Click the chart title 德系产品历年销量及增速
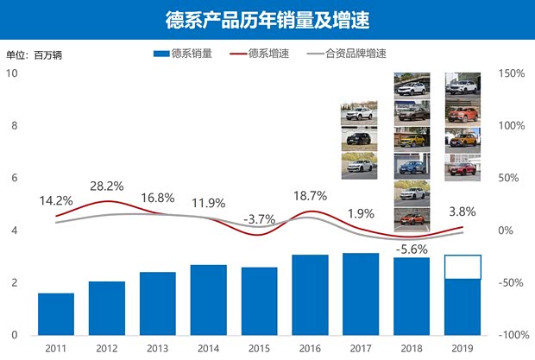point(267,19)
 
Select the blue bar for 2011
point(56,314)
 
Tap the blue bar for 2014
point(208,300)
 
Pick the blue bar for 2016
point(309,294)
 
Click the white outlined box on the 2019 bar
point(463,267)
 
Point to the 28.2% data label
point(106,186)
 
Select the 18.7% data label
point(310,196)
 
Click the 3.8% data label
point(463,210)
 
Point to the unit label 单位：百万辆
point(34,55)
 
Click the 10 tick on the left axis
point(12,73)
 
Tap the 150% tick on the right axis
point(513,73)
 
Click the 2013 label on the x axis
point(157,348)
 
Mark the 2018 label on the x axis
point(412,348)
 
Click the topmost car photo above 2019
point(462,85)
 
